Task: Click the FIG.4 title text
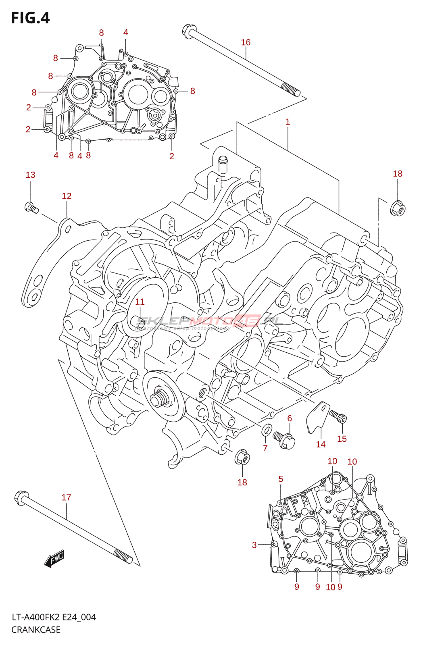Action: (30, 18)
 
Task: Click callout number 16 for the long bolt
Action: (246, 42)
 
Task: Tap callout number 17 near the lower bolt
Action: (66, 497)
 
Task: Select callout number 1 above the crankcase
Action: (288, 122)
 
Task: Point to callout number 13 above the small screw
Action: (31, 175)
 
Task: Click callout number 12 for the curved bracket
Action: (67, 196)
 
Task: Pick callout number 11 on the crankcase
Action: (140, 302)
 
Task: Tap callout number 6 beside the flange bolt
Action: (290, 418)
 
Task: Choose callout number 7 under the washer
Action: (265, 448)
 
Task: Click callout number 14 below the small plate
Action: (321, 444)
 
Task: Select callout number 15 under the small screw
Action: (342, 439)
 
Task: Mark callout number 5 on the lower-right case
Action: (281, 479)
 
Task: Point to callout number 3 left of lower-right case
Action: (254, 545)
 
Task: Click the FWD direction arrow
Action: (54, 559)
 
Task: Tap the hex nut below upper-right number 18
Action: (398, 208)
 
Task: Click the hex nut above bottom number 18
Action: (242, 457)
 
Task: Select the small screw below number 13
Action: (31, 208)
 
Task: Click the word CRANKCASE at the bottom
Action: (36, 630)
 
